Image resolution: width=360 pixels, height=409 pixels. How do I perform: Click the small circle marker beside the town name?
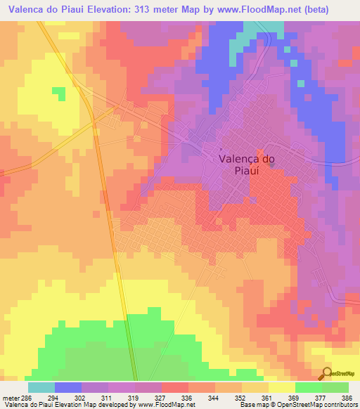pyautogui.click(x=220, y=149)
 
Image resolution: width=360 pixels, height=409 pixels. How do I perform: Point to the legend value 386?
pyautogui.click(x=348, y=398)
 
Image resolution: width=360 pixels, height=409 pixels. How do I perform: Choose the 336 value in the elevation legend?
pyautogui.click(x=186, y=398)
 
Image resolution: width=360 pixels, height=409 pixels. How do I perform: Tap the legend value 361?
pyautogui.click(x=267, y=398)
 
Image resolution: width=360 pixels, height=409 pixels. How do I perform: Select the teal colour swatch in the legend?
pyautogui.click(x=41, y=387)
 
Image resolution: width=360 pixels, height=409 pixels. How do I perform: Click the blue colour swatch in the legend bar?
pyautogui.click(x=68, y=387)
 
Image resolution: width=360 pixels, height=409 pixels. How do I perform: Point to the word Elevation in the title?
pyautogui.click(x=110, y=10)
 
